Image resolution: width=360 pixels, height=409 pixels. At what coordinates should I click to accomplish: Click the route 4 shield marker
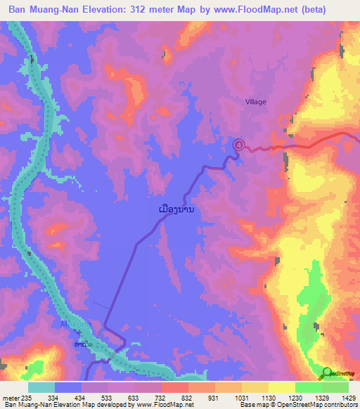tap(238, 144)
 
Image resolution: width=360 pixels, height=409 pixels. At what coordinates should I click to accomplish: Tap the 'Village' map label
tap(256, 102)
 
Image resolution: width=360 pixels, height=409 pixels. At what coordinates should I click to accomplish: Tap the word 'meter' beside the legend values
tap(11, 397)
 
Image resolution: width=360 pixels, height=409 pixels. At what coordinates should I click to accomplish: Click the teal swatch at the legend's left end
tap(41, 387)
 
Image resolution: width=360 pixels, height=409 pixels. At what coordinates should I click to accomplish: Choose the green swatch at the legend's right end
tap(335, 387)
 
